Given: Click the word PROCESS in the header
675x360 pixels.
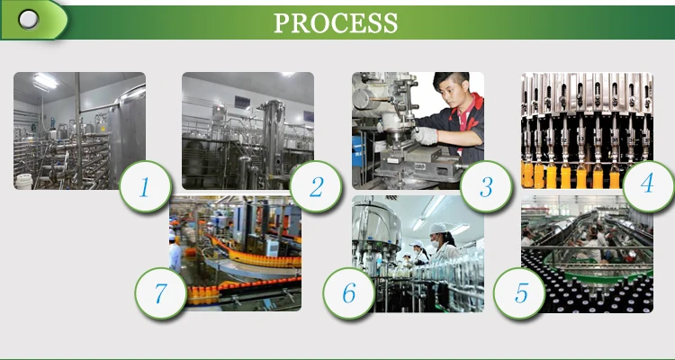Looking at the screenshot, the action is pyautogui.click(x=336, y=23).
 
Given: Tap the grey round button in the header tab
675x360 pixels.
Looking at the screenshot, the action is pyautogui.click(x=29, y=20).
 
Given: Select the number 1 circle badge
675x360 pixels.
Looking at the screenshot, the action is pyautogui.click(x=145, y=186).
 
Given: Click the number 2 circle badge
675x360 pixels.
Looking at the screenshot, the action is pyautogui.click(x=316, y=186).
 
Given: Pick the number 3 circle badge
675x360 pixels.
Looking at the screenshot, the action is pyautogui.click(x=486, y=186).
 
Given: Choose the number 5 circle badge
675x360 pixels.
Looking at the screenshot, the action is pyautogui.click(x=519, y=293).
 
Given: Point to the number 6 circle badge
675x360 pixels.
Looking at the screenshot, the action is pyautogui.click(x=349, y=293).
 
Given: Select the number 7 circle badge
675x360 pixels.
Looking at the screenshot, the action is pyautogui.click(x=161, y=293).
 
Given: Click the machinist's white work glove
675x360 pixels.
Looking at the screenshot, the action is pyautogui.click(x=425, y=136).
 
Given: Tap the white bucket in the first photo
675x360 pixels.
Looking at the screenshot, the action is pyautogui.click(x=23, y=181).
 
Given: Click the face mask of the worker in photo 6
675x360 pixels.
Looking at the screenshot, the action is pyautogui.click(x=435, y=243).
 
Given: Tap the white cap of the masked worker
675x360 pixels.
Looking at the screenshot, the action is pyautogui.click(x=438, y=229).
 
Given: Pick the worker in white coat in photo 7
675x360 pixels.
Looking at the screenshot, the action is pyautogui.click(x=175, y=253).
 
